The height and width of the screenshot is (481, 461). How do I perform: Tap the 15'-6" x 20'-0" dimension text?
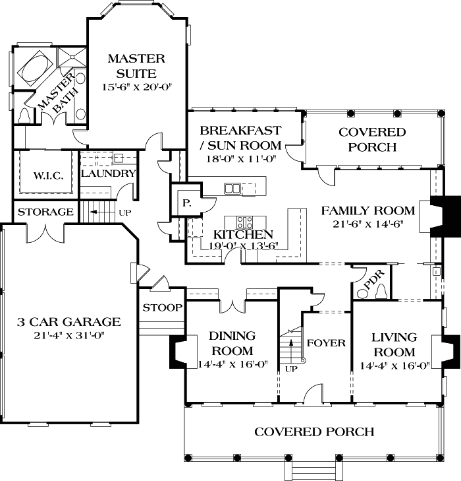[136, 87]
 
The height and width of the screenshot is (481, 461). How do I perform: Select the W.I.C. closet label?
[43, 176]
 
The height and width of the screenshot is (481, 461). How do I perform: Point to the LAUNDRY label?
[108, 174]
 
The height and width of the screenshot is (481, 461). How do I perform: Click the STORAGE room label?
[45, 212]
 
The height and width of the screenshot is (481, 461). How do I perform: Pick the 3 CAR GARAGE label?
[68, 322]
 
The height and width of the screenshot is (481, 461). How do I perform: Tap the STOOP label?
[161, 307]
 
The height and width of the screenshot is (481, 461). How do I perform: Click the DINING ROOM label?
[232, 343]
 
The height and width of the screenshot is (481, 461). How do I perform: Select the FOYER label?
[326, 343]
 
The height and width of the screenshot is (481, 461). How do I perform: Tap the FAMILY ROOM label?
[367, 211]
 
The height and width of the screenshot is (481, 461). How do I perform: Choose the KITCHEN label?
[242, 234]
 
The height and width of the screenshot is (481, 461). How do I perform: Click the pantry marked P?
[186, 204]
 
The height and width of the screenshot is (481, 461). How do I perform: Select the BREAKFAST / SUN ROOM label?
[240, 137]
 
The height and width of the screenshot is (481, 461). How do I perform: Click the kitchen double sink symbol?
[232, 189]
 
